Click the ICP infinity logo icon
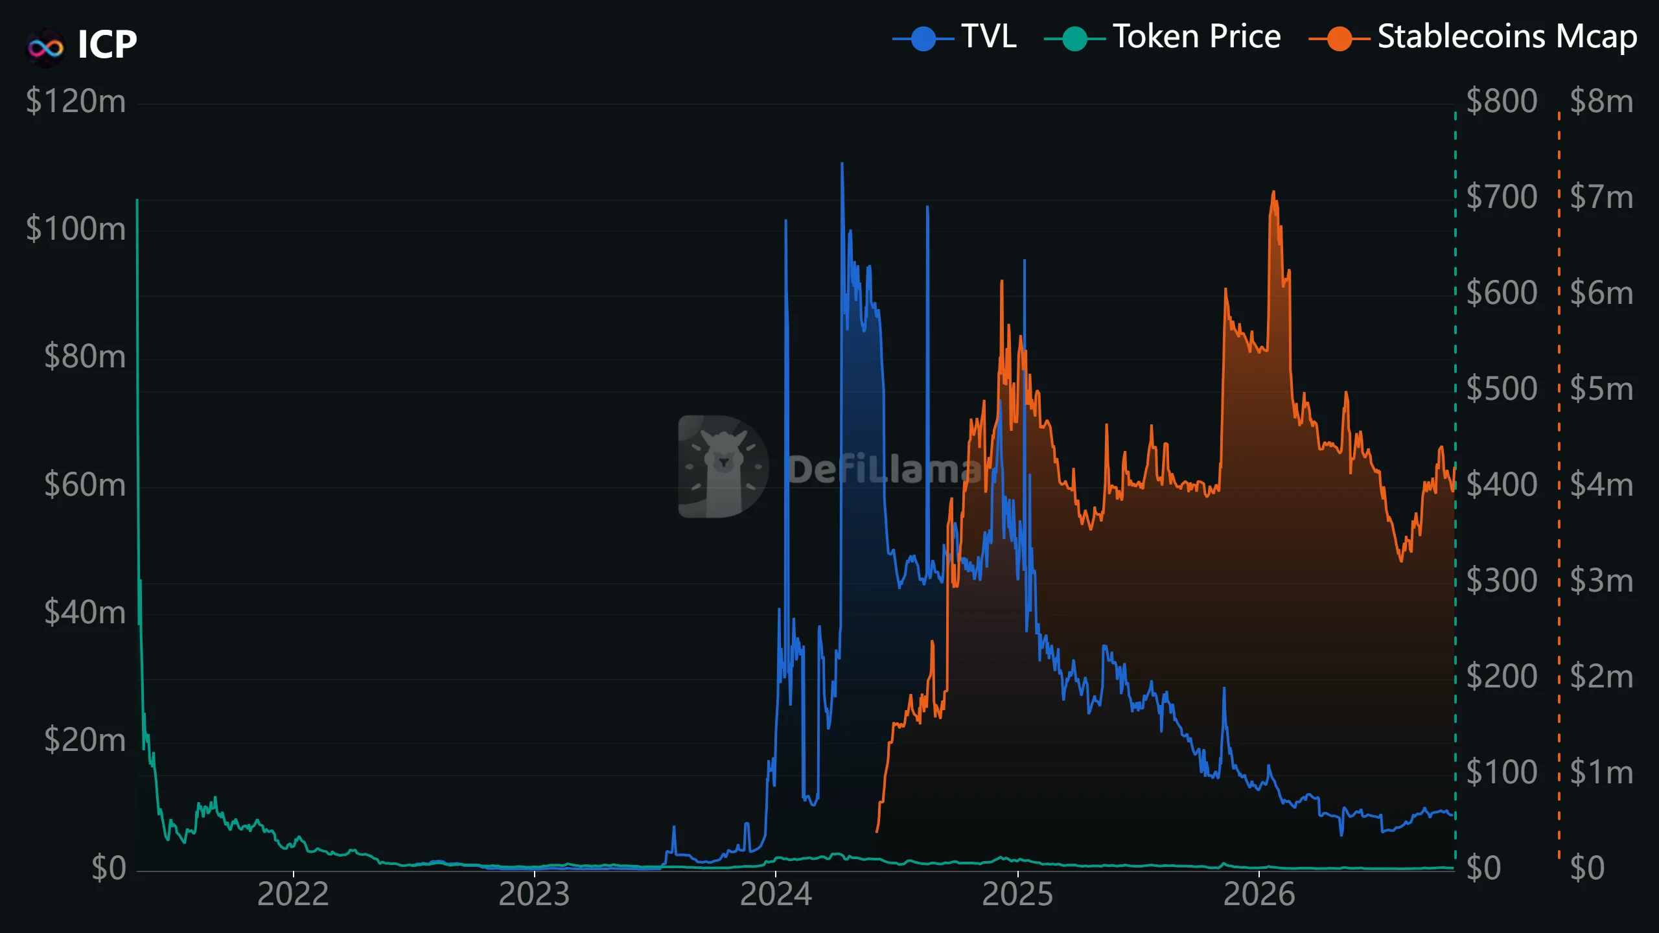[x=45, y=47]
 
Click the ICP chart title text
[x=108, y=44]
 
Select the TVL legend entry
[x=954, y=37]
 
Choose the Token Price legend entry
[x=1163, y=37]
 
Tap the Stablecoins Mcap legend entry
[x=1473, y=37]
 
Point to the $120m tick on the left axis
[x=76, y=102]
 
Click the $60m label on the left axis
[x=85, y=485]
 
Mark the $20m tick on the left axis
[x=85, y=740]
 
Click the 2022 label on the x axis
[x=293, y=895]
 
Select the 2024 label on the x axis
[x=776, y=895]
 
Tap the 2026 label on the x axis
[x=1259, y=895]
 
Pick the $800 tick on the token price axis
[x=1502, y=102]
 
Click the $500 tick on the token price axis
[x=1502, y=389]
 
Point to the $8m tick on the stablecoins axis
[x=1601, y=102]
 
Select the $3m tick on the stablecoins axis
[x=1601, y=581]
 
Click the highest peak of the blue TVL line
[x=842, y=163]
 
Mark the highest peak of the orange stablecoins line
[x=1273, y=192]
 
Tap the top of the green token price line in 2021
[x=137, y=200]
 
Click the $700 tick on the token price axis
[x=1502, y=198]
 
